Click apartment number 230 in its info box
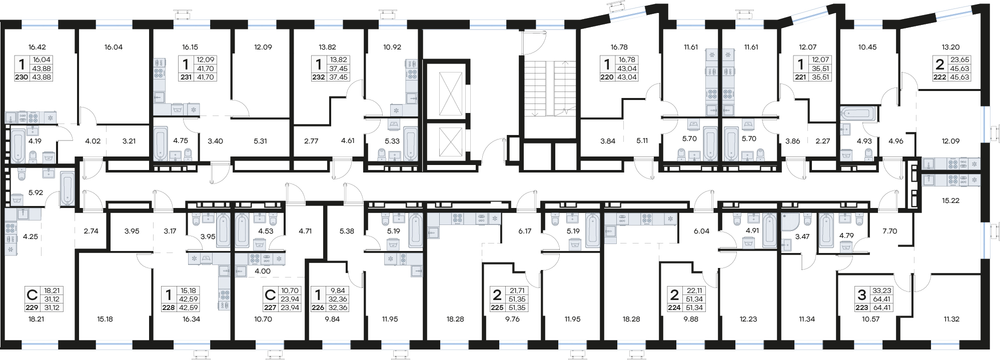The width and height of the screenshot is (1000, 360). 22,77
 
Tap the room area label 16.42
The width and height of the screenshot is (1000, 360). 37,47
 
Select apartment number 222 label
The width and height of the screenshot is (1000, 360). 939,77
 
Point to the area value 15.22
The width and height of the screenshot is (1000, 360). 950,200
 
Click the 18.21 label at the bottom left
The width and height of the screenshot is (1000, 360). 37,319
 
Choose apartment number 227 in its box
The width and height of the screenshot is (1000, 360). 271,308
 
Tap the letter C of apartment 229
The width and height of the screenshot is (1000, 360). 32,294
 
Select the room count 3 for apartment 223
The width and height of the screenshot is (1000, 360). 861,294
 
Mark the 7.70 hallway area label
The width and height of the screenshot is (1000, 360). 889,231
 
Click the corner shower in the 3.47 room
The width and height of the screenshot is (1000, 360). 789,223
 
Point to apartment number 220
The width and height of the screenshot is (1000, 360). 607,77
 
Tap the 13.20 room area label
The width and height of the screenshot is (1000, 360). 950,47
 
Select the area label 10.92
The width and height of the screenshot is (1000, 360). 392,47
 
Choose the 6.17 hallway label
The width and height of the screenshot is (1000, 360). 525,231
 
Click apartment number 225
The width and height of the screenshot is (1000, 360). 497,308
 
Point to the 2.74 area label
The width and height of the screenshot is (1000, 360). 91,231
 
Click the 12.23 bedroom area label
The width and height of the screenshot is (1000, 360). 748,319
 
